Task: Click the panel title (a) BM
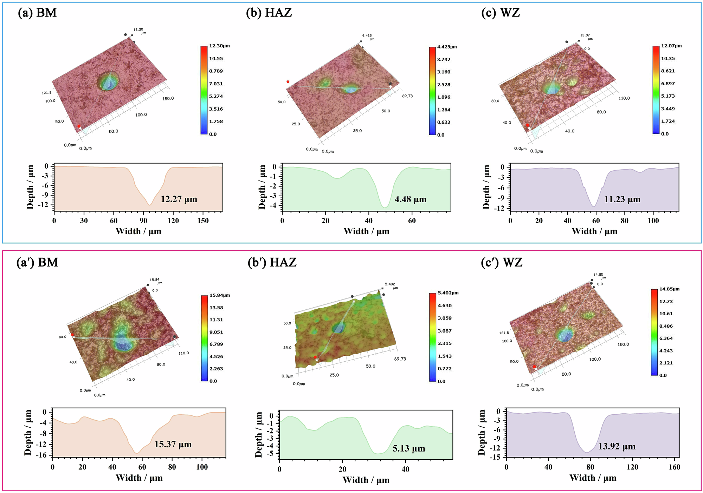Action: coord(37,13)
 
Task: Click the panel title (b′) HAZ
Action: coord(272,262)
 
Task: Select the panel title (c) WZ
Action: coord(501,13)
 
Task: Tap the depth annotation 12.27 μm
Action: coord(179,199)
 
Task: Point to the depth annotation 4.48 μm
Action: coord(410,199)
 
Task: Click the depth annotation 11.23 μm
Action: coord(622,199)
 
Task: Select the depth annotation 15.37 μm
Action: coord(173,445)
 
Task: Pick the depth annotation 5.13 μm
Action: coord(409,449)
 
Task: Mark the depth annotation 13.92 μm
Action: coord(617,447)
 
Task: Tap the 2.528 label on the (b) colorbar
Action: coord(444,85)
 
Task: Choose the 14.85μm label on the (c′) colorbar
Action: coord(669,289)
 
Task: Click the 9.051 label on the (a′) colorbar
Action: coord(216,332)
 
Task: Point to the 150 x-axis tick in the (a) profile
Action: coord(203,221)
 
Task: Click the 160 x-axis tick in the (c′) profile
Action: coord(675,467)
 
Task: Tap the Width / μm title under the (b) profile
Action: coord(366,231)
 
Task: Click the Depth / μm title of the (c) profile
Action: coord(486,187)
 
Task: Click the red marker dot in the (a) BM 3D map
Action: coord(79,126)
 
